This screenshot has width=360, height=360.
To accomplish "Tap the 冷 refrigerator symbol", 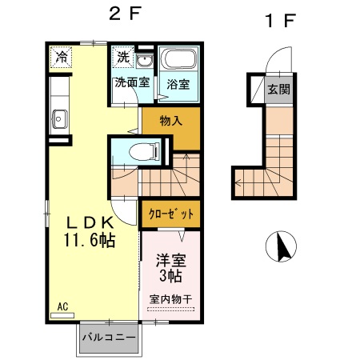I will tap(62, 57).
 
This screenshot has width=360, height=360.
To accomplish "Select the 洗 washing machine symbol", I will tap(122, 57).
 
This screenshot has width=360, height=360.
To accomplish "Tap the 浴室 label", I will tap(177, 84).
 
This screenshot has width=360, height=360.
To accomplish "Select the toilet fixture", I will tap(144, 150).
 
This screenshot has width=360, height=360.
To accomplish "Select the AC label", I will tap(62, 306).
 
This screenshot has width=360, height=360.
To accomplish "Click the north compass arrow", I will tap(282, 246).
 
